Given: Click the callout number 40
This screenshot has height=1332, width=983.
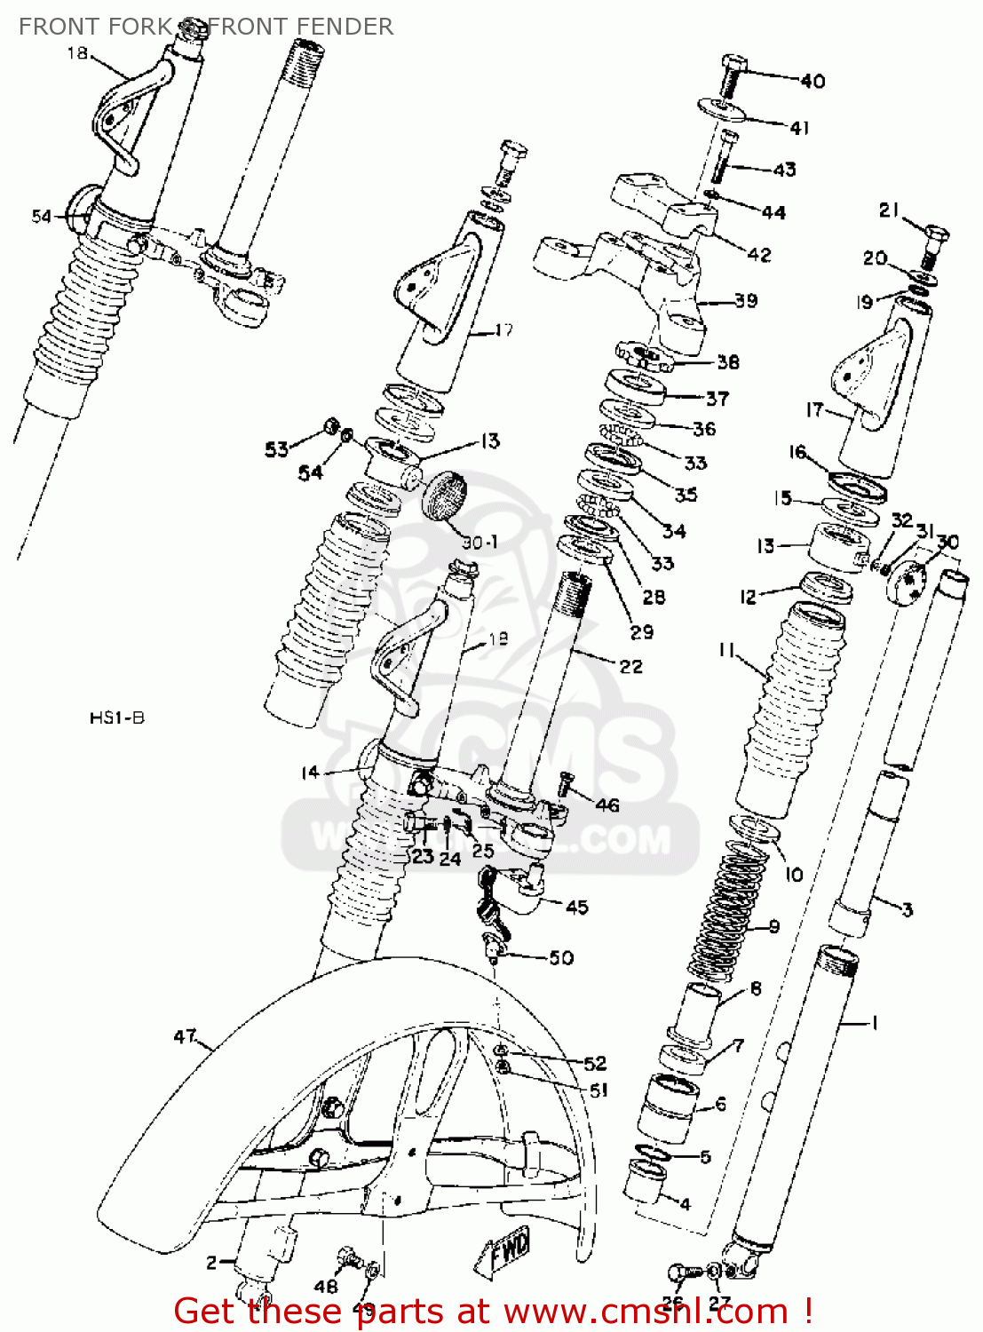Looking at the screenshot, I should pos(813,82).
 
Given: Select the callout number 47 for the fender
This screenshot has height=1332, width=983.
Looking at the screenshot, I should pos(185,1036).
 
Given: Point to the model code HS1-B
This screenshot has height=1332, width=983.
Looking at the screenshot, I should pos(116,718).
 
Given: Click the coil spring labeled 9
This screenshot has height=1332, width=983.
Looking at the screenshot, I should pos(725,915).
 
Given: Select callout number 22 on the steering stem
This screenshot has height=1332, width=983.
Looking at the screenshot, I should pos(630,666).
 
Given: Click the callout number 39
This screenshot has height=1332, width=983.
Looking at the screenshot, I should pos(746,300).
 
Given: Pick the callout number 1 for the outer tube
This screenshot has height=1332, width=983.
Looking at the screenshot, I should pos(874,1024).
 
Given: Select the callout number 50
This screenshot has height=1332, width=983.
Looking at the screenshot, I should pos(561,957).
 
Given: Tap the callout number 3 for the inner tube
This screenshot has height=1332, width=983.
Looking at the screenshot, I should pos(907,909).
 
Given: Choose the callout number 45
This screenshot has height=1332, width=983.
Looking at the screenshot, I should pos(577,907).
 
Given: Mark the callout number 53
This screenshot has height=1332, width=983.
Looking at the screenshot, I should pos(276,449).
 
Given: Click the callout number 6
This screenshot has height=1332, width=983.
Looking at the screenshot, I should pos(720,1104).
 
